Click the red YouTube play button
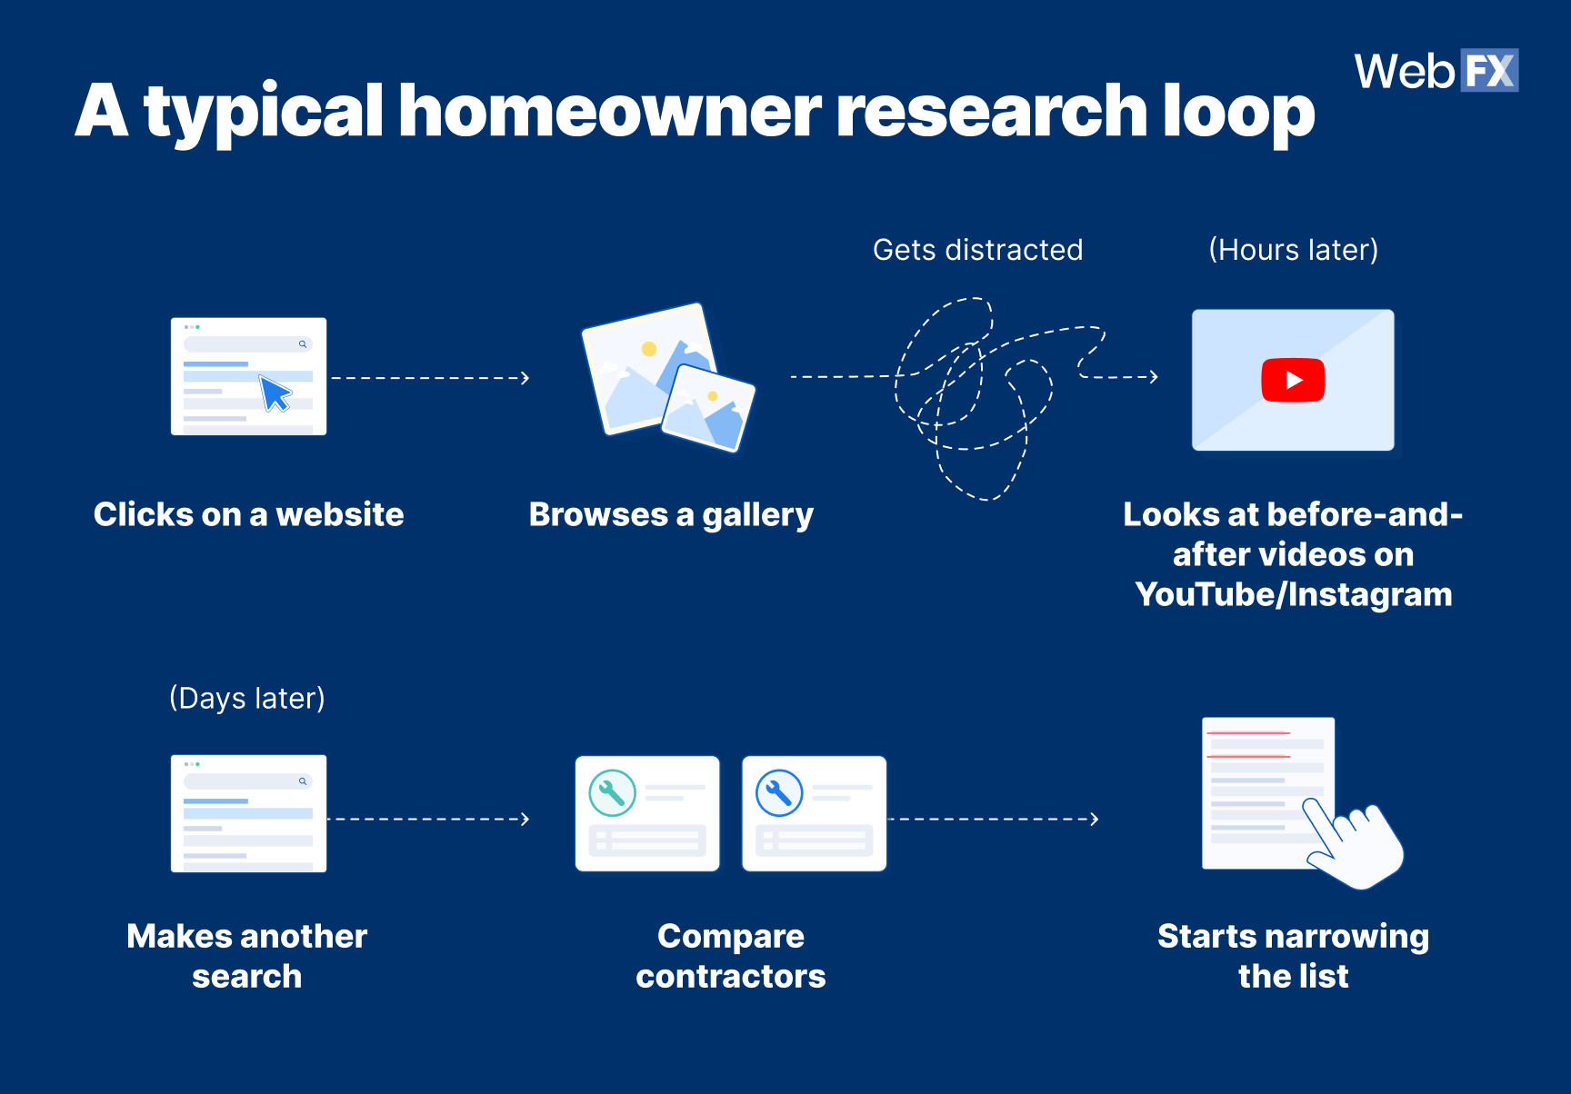coord(1293,380)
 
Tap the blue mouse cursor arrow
coord(274,393)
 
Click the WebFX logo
coord(1436,71)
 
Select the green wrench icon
coord(612,793)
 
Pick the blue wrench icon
coord(779,793)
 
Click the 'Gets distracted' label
coord(977,250)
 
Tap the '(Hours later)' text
coord(1293,250)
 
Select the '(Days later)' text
coord(247,698)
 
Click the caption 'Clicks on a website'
coord(248,514)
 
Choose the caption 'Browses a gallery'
coord(671,514)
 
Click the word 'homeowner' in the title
coord(609,111)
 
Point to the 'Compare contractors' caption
coord(731,956)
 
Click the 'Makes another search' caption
coord(247,956)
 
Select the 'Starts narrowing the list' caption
coord(1293,956)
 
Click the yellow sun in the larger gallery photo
coord(649,348)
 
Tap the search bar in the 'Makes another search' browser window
coord(247,781)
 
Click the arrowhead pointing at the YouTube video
coord(1154,376)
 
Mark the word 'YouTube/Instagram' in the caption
coord(1293,594)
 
